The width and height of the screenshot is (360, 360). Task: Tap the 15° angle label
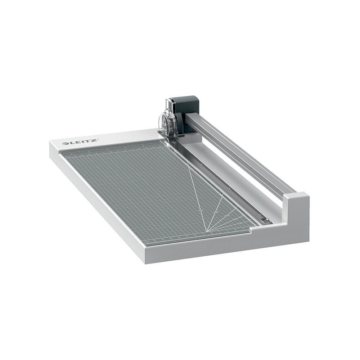pos(240,224)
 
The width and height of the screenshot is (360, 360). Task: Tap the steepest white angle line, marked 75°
pos(197,194)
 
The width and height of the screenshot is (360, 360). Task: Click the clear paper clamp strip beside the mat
pos(216,180)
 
